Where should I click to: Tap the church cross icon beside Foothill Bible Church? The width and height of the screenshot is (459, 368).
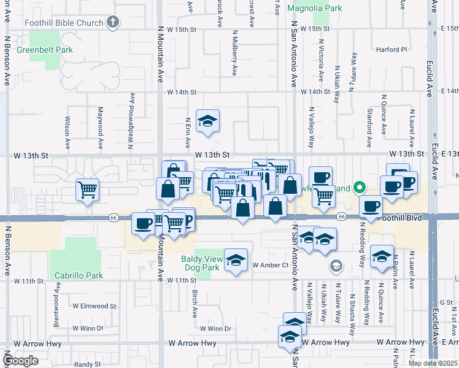(x=112, y=23)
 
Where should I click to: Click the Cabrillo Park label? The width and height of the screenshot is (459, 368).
(x=78, y=275)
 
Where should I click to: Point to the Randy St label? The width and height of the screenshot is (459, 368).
(x=88, y=364)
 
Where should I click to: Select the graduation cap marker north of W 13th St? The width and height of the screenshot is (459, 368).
(x=207, y=120)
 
